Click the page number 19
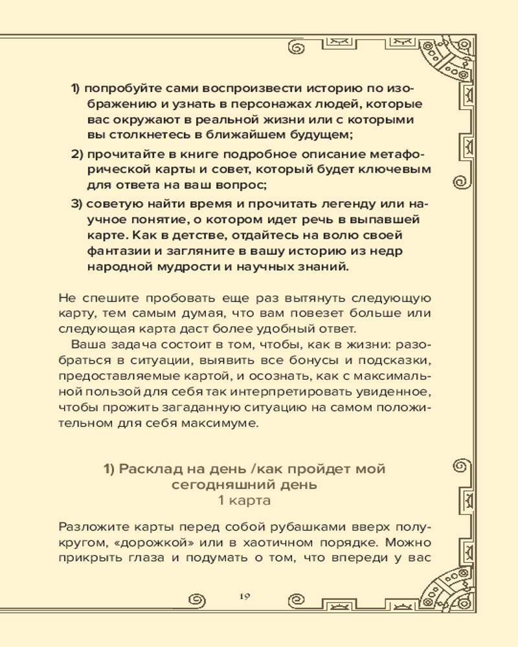click(243, 596)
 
